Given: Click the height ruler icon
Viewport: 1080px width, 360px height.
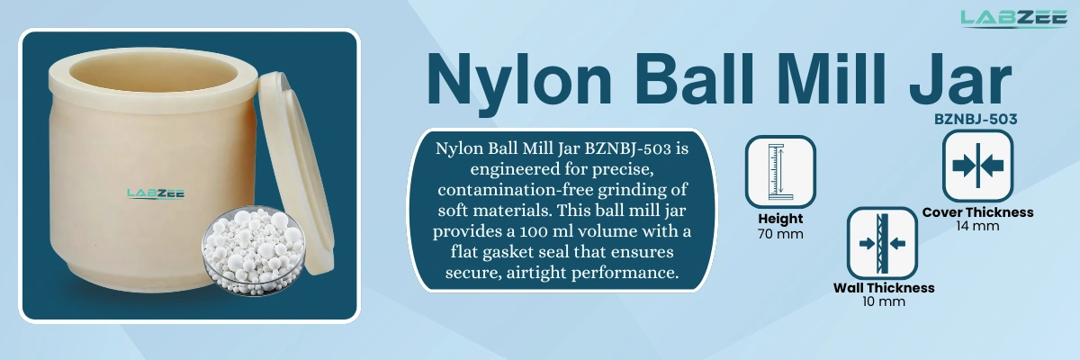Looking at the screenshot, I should [779, 171].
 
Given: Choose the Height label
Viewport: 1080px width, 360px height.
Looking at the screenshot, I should [779, 219].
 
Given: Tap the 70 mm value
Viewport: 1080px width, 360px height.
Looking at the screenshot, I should [779, 234].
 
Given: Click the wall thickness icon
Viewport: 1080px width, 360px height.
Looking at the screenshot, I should [882, 244].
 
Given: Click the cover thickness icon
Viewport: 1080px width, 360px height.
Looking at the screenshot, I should [977, 166].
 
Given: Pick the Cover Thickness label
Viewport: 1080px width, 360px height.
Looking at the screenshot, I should [977, 212].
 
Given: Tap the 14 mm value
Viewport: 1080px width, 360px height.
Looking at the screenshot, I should [977, 226].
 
